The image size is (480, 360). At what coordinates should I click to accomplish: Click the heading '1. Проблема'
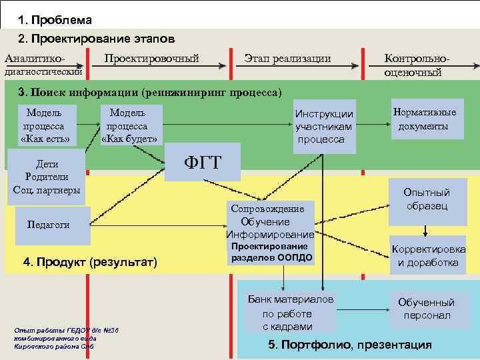coord(55,21)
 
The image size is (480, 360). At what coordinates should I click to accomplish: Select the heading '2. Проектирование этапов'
coord(97,38)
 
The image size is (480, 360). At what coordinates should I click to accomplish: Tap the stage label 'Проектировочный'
coord(151,59)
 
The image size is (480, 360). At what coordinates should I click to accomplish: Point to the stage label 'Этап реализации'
coord(287,59)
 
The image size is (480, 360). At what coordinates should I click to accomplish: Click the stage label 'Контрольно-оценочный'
coord(417,65)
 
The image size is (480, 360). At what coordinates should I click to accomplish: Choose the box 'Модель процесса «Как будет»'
coord(129,125)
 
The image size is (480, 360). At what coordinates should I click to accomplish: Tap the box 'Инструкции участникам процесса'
coord(325,126)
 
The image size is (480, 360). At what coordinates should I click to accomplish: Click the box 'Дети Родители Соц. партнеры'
coord(47,177)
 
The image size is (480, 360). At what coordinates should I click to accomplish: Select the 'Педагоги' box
coord(48,225)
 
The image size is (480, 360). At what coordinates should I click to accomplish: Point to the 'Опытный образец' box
coord(427,199)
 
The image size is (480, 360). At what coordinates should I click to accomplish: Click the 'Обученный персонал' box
coord(427,308)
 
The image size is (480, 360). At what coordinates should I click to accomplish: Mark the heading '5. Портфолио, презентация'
coord(350,345)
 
